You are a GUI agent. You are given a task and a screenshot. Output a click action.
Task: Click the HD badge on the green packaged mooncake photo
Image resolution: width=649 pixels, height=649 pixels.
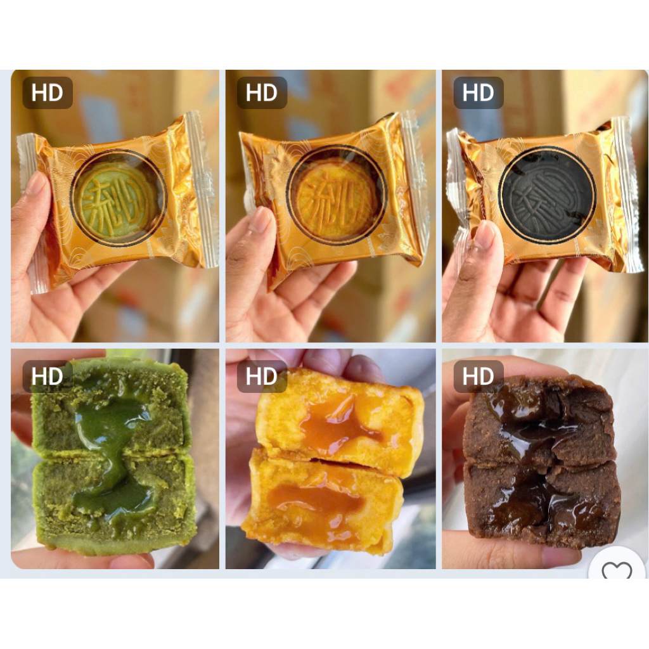tap(48, 93)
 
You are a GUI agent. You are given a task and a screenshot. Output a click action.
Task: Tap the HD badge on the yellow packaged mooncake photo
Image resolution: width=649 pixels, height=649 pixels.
tap(262, 93)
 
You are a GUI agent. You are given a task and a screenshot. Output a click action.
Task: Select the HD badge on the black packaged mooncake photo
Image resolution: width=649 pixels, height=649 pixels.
tap(479, 93)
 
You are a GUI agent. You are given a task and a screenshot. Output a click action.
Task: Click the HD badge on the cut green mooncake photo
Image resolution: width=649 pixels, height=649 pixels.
tap(48, 376)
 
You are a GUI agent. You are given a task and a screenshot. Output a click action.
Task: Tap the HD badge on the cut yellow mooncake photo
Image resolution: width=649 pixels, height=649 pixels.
tap(262, 376)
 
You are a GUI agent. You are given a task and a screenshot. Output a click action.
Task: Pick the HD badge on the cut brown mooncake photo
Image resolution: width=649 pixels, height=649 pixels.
tap(479, 376)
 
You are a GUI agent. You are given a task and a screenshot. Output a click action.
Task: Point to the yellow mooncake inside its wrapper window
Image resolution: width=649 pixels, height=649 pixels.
tap(336, 193)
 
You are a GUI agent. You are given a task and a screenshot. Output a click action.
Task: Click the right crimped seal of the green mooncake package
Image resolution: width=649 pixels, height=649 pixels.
tap(204, 190)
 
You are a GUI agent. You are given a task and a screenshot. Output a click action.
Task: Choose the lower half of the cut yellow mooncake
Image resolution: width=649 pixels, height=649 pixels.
tap(323, 501)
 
